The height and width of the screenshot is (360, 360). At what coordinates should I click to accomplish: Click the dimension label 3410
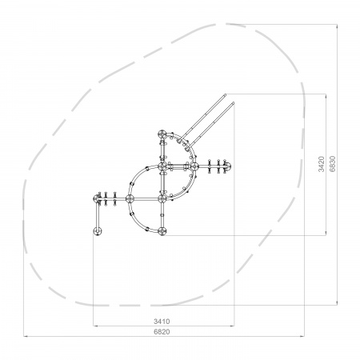[x=162, y=322]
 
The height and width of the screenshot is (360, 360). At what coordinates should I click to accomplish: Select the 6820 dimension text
[x=162, y=332]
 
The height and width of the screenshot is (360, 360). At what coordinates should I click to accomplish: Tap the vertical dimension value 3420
[x=322, y=164]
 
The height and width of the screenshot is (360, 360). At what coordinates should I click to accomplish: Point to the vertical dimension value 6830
[x=332, y=164]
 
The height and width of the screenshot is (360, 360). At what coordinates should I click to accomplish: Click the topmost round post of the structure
[x=162, y=134]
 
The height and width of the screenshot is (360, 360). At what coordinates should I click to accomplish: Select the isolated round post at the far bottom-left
[x=98, y=231]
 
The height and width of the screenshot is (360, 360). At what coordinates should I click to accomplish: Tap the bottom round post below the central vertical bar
[x=162, y=231]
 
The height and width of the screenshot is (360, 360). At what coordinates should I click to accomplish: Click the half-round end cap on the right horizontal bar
[x=229, y=166]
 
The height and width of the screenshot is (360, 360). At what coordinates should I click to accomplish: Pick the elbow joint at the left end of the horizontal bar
[x=97, y=199]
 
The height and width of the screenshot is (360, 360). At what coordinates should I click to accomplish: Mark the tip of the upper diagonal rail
[x=225, y=94]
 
